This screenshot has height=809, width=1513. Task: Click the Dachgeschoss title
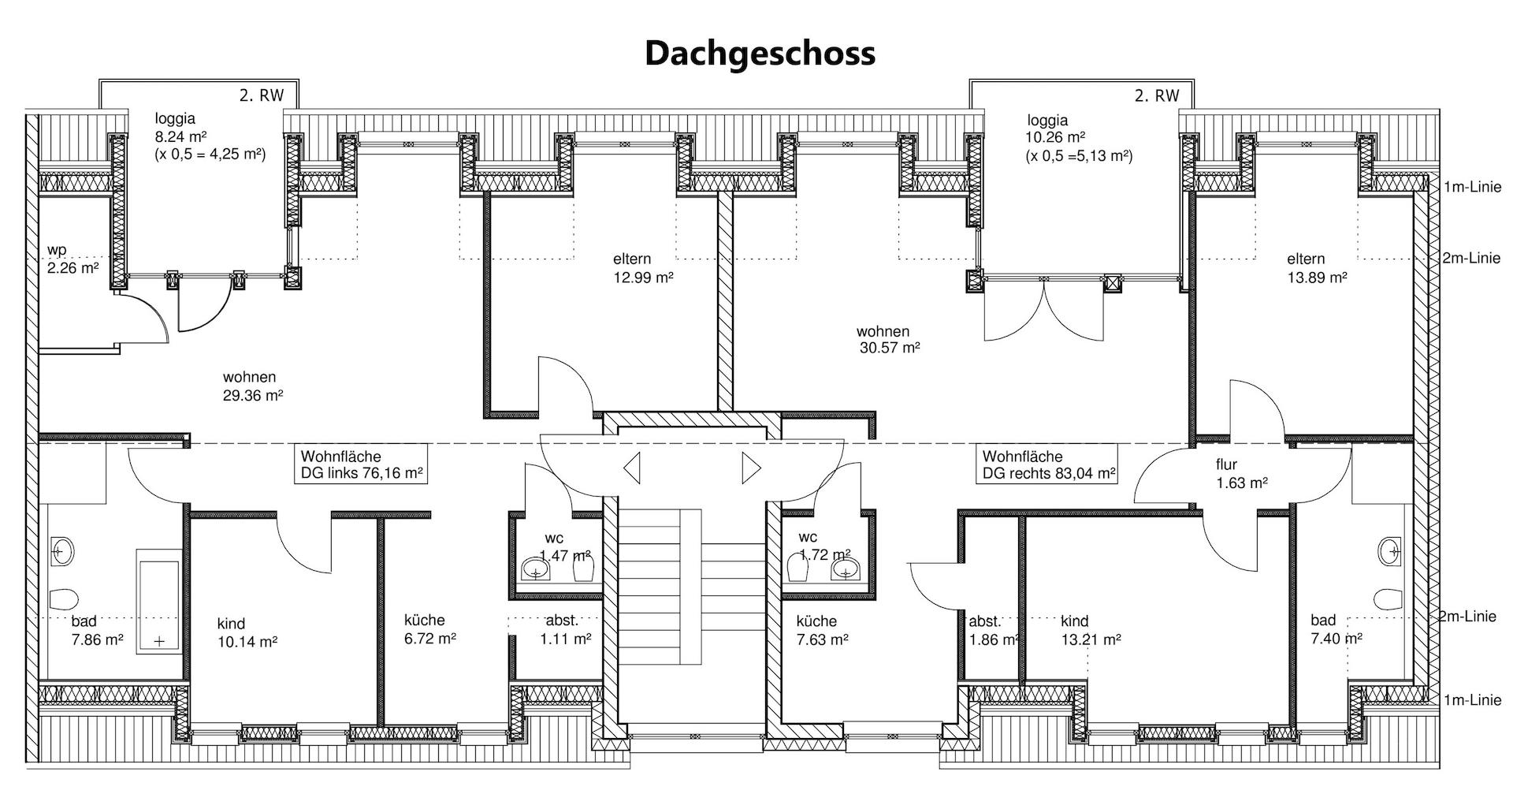[760, 54]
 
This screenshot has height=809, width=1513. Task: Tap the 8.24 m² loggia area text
[181, 136]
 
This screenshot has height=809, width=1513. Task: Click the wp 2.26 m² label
[72, 259]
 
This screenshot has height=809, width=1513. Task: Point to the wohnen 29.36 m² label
[252, 386]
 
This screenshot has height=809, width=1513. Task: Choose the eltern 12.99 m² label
[642, 268]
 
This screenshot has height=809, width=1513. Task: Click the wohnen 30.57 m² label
[888, 339]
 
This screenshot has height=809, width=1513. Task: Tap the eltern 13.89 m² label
[1316, 268]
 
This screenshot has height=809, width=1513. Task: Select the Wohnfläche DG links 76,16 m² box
[362, 465]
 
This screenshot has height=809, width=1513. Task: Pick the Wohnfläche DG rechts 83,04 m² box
[1049, 465]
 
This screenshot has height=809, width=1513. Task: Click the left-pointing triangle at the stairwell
[631, 468]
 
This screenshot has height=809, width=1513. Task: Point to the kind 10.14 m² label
[247, 633]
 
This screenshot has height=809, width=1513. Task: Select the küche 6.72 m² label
[429, 629]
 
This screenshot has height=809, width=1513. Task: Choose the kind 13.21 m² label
[1091, 630]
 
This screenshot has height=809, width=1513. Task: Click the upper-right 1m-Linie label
[1472, 187]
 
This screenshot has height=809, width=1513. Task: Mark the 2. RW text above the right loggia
[1156, 96]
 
